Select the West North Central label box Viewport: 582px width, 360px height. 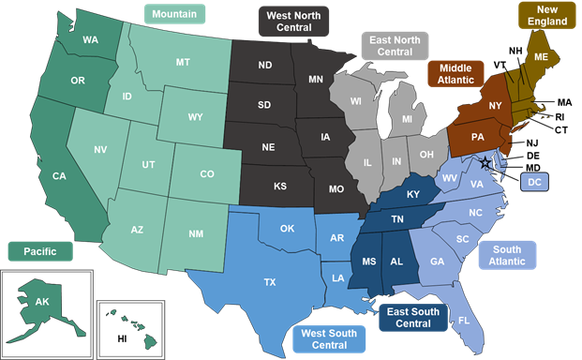pos(292,21)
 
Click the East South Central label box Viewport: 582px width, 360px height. pos(411,318)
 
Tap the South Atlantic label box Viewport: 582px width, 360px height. pos(507,256)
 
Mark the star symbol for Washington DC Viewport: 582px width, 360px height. pos(484,163)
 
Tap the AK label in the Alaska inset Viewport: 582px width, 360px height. pos(41,302)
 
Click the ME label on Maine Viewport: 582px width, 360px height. pos(541,56)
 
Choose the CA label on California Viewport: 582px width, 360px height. pos(59,175)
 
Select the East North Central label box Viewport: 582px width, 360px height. pos(395,45)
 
